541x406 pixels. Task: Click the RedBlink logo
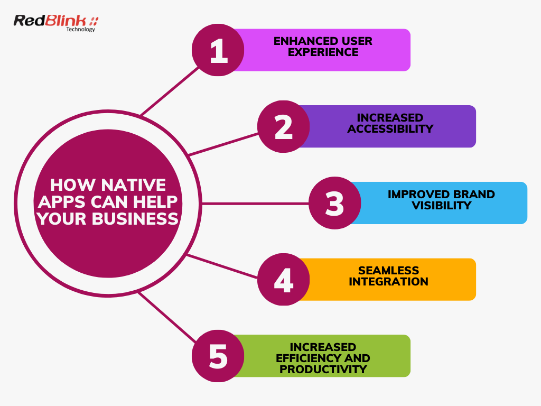pyautogui.click(x=55, y=22)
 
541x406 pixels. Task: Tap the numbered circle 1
pyautogui.click(x=218, y=50)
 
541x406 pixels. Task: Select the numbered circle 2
pyautogui.click(x=284, y=127)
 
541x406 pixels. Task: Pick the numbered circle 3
pyautogui.click(x=334, y=203)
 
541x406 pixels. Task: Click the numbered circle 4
pyautogui.click(x=284, y=280)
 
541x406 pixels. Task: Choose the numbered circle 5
pyautogui.click(x=218, y=356)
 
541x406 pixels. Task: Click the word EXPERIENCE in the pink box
pyautogui.click(x=323, y=52)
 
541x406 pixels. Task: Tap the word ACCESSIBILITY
pyautogui.click(x=390, y=128)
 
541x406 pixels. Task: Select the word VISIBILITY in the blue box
pyautogui.click(x=442, y=205)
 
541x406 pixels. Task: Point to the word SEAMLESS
pyautogui.click(x=388, y=271)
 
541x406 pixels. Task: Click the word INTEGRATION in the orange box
pyautogui.click(x=388, y=282)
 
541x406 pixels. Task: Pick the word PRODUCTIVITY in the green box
pyautogui.click(x=323, y=369)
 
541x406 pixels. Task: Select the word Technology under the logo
pyautogui.click(x=81, y=30)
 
